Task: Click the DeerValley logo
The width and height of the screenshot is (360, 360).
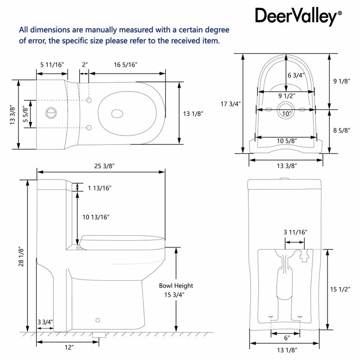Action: click(298, 16)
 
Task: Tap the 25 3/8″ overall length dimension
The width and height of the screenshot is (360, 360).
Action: click(104, 166)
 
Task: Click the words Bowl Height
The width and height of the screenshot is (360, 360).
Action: click(176, 286)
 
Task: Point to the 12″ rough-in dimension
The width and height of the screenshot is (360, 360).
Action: click(69, 347)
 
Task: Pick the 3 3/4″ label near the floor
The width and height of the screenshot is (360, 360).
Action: click(45, 322)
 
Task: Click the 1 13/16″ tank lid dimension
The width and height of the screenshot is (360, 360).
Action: click(99, 188)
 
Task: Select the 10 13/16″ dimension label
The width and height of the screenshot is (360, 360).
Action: click(96, 217)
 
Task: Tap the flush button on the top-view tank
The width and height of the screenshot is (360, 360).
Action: click(51, 113)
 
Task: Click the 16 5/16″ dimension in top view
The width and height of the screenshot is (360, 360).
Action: click(126, 65)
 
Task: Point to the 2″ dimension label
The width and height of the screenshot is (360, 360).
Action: click(85, 65)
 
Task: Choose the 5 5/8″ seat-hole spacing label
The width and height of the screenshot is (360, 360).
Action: click(25, 114)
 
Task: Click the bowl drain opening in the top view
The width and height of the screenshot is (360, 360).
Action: click(117, 114)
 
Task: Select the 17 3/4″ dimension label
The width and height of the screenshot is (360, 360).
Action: click(230, 104)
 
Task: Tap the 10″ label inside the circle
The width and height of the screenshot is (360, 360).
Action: click(287, 113)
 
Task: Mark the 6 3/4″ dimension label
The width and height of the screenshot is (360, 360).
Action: click(296, 75)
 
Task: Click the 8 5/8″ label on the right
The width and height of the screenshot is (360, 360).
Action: click(342, 130)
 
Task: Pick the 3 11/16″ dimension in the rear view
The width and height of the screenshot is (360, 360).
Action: click(295, 232)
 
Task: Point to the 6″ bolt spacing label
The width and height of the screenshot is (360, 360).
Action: click(287, 338)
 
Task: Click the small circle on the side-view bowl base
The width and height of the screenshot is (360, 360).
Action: click(98, 320)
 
